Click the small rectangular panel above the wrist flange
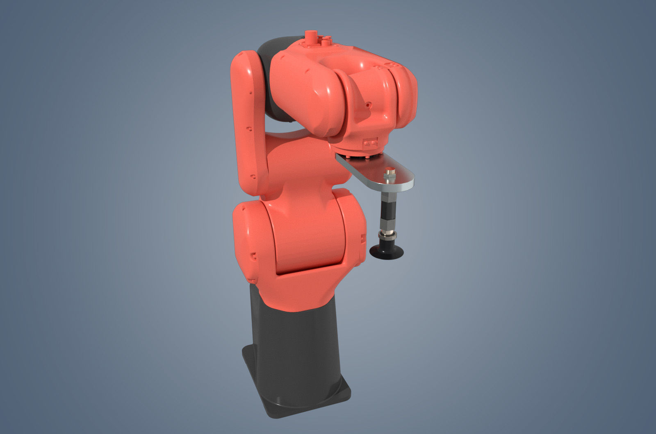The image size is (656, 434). click(x=371, y=142)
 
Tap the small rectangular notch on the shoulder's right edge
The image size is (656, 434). click(x=362, y=238)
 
